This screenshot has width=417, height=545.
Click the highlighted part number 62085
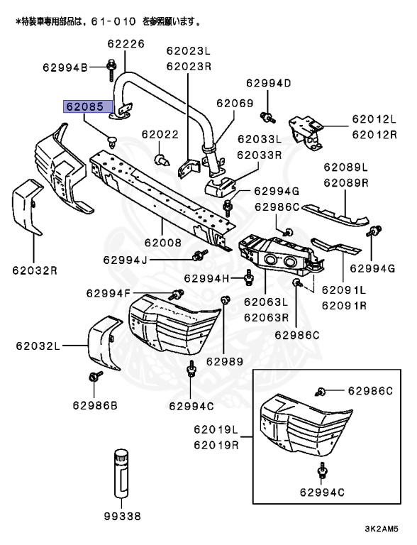85,107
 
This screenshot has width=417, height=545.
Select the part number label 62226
126,44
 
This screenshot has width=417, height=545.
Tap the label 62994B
65,67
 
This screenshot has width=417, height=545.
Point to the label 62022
160,134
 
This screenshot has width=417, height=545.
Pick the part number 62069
235,103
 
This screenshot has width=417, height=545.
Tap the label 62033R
259,154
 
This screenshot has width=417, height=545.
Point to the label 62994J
125,260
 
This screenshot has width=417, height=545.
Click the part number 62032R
34,270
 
